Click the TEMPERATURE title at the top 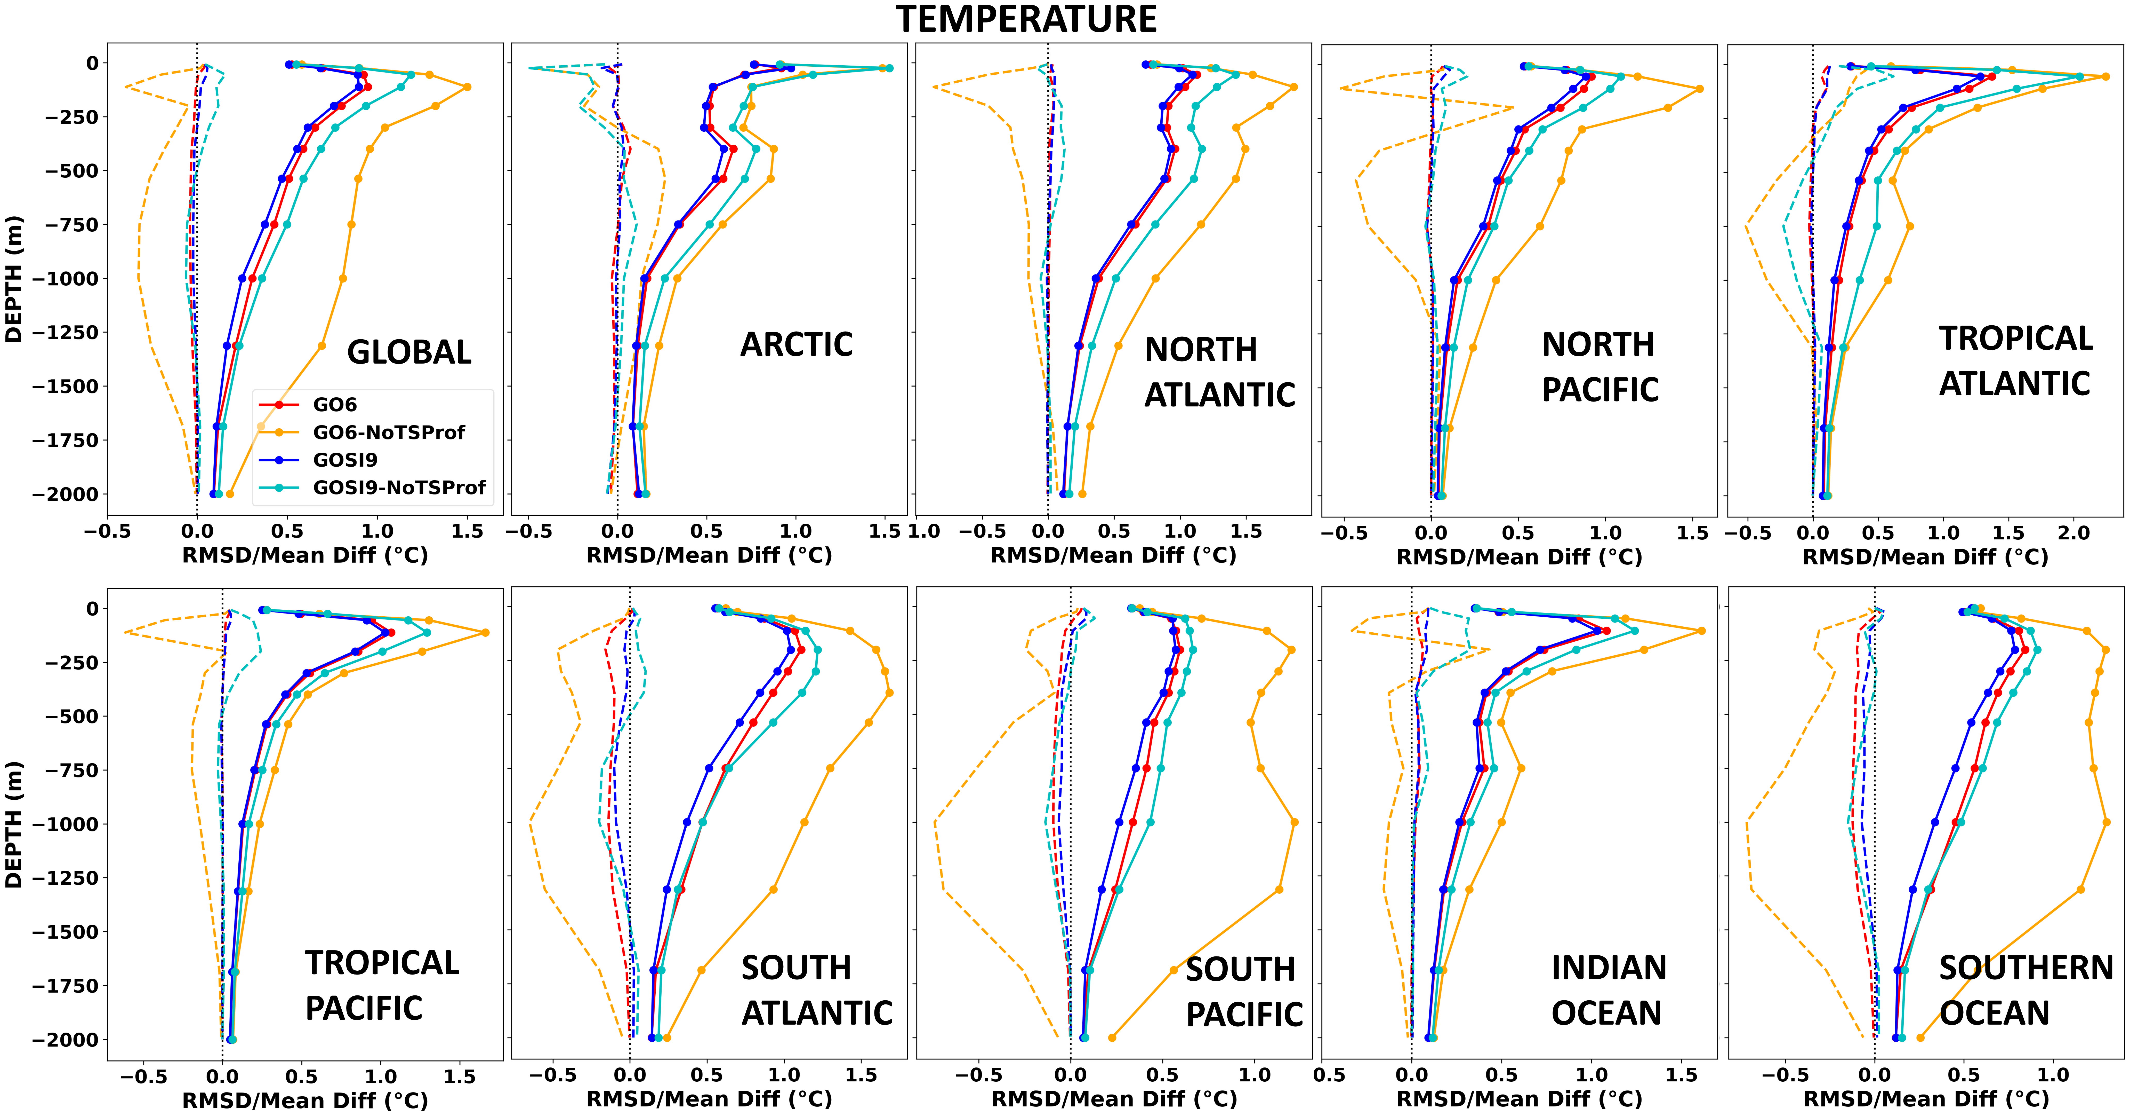click(x=1026, y=19)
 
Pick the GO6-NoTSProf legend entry click(x=362, y=432)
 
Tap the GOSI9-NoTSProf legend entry click(x=372, y=487)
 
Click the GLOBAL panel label click(x=409, y=352)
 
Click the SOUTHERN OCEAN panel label click(x=2026, y=990)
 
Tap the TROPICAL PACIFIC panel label click(x=381, y=985)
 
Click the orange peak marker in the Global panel click(x=467, y=87)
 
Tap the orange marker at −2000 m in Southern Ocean click(x=1920, y=1038)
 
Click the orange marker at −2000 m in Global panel click(x=230, y=494)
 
